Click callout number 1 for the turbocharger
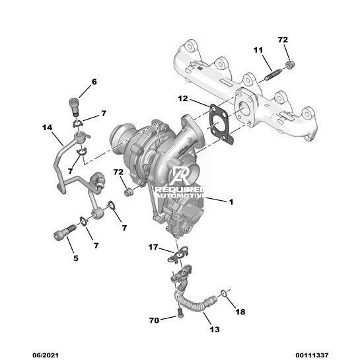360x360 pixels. (231, 202)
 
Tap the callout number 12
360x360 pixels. (183, 98)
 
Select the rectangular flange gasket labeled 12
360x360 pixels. (221, 124)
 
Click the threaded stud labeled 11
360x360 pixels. (273, 75)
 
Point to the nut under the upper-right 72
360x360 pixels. (290, 65)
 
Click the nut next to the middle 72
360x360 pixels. (128, 192)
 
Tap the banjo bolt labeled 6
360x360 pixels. (74, 106)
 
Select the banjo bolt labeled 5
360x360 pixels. (65, 232)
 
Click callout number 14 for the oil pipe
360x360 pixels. (48, 127)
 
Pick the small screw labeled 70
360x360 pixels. (180, 313)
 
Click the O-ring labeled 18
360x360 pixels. (225, 293)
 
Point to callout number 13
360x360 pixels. (215, 330)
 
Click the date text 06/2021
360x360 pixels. (45, 355)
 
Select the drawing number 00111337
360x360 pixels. (312, 355)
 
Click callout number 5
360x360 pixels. (76, 258)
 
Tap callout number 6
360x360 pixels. (94, 82)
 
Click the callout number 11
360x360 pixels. (258, 50)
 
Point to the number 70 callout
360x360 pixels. (154, 320)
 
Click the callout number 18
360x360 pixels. (240, 312)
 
